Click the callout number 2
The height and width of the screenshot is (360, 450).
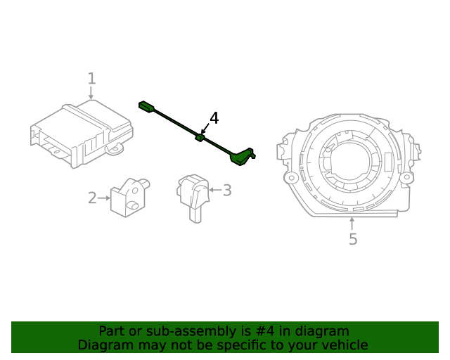tap(92, 198)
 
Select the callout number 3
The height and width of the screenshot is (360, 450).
tap(226, 190)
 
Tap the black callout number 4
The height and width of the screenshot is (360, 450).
tap(214, 118)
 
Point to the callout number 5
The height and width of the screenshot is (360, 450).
tap(353, 240)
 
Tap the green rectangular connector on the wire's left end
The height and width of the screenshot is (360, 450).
tap(147, 107)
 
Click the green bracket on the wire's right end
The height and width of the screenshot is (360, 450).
tap(242, 156)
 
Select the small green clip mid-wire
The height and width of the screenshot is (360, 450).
tap(200, 138)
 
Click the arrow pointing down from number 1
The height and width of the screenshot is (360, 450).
tap(91, 93)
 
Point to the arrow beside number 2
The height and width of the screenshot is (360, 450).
tap(104, 198)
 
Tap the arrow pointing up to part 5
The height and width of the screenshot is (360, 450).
tap(352, 224)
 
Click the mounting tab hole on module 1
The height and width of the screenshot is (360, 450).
tap(120, 148)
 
